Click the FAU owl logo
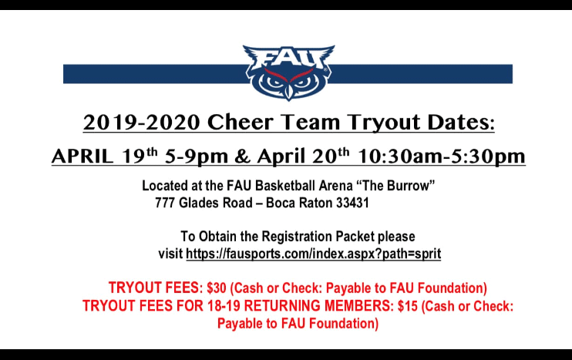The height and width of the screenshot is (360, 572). [x=288, y=72]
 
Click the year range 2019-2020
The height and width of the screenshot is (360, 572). [x=142, y=122]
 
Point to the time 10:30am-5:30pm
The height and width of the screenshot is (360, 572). [x=441, y=156]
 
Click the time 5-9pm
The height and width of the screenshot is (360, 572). [x=197, y=156]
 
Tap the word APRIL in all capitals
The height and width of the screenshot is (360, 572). [x=82, y=156]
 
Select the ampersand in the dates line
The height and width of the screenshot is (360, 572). [x=243, y=156]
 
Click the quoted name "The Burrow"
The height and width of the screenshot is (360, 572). [x=395, y=186]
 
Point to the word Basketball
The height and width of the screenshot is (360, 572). [x=285, y=186]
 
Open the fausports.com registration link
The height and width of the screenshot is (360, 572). [x=313, y=254]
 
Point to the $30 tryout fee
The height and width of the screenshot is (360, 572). [x=217, y=288]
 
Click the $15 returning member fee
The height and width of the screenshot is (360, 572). [x=408, y=306]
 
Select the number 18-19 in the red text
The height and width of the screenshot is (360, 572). [x=224, y=306]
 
